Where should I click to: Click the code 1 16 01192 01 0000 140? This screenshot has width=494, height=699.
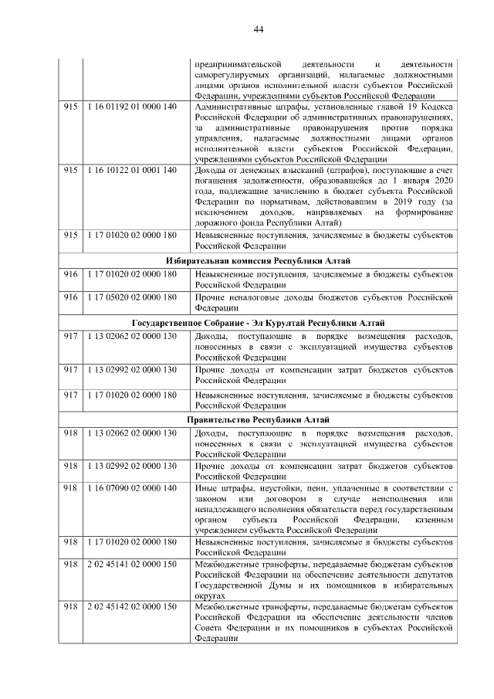click(x=132, y=107)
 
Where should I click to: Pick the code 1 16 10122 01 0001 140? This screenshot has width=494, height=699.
click(x=132, y=170)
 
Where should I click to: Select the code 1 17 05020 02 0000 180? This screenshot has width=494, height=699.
click(x=132, y=297)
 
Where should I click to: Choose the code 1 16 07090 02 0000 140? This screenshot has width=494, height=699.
click(x=132, y=490)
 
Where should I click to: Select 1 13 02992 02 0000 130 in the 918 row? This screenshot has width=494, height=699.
click(x=132, y=467)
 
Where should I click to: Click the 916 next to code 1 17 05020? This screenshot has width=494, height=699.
click(x=71, y=297)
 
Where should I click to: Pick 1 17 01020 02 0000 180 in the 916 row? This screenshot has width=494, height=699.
click(x=132, y=275)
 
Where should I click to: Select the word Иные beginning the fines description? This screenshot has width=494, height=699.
click(x=207, y=490)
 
